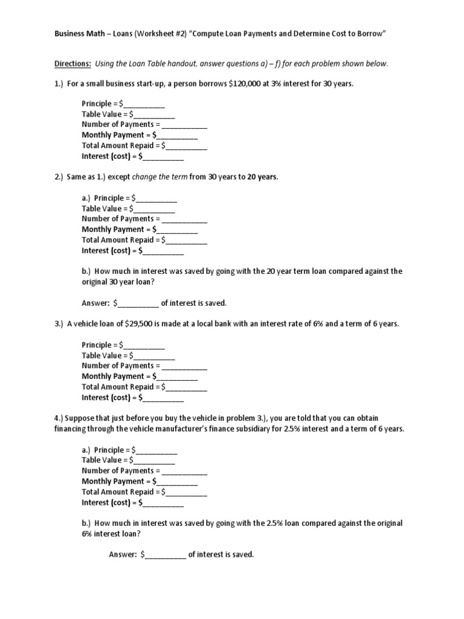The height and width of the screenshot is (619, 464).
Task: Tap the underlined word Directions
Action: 73,63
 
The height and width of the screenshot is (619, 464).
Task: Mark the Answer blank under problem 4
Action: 165,555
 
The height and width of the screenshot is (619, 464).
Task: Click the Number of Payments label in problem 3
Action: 118,366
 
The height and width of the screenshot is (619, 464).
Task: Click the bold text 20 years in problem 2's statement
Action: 263,177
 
